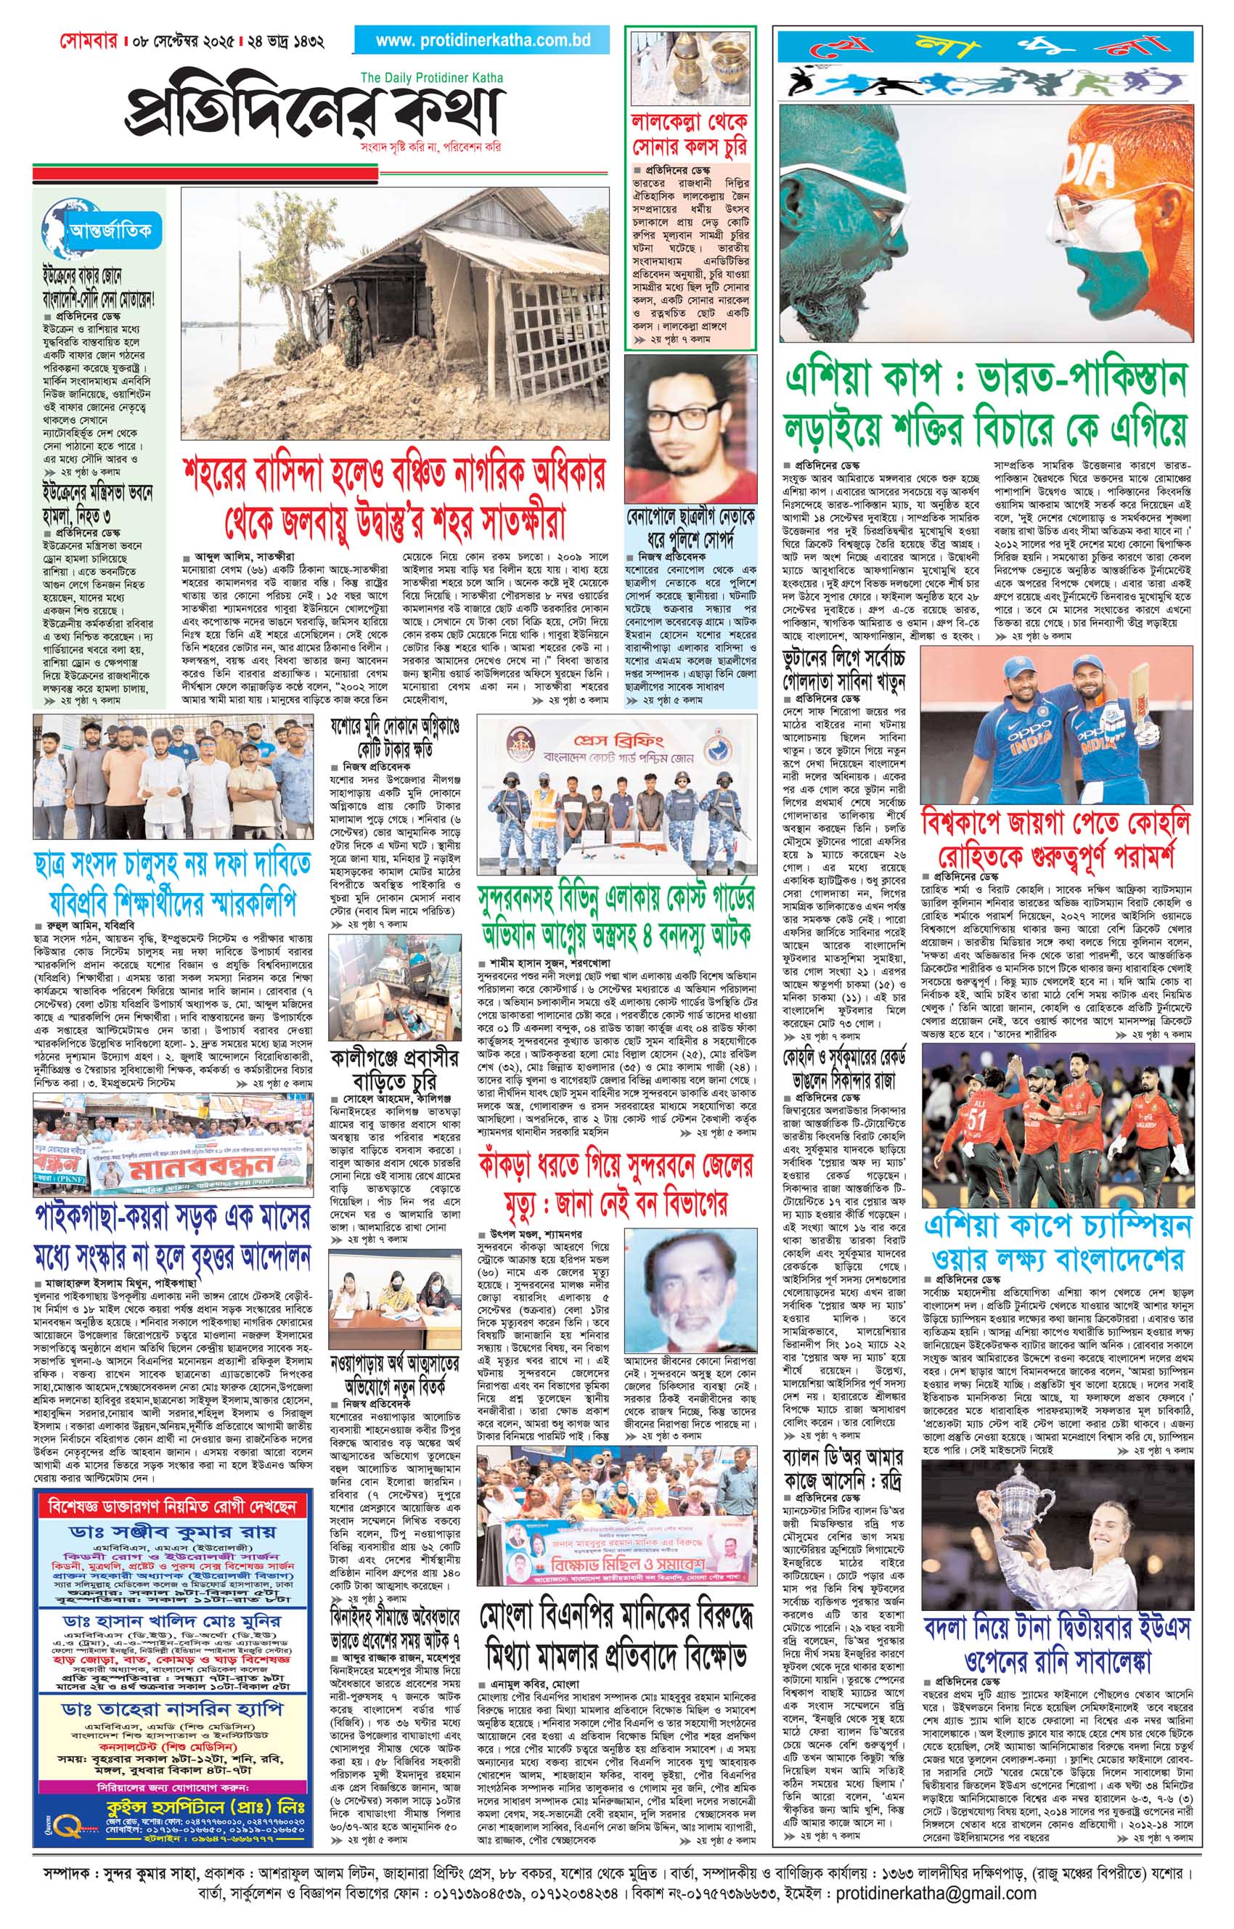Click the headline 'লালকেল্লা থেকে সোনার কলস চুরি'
[690, 134]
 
